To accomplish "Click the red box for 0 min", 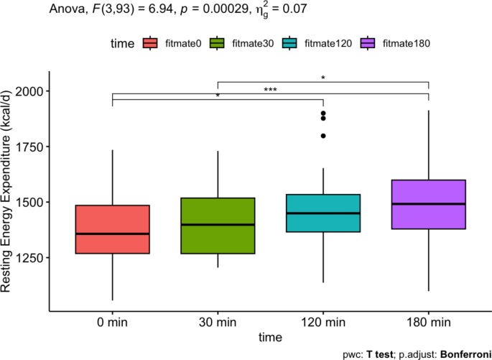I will click(x=112, y=229).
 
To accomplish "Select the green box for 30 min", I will click(x=218, y=226).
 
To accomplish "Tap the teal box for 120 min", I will click(x=322, y=213).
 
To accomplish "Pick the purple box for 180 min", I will click(x=428, y=204).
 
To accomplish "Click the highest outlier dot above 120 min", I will click(x=323, y=114).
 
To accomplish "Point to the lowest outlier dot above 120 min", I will click(x=323, y=136).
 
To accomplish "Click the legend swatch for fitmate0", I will click(x=151, y=44).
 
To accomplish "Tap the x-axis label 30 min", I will click(x=218, y=321).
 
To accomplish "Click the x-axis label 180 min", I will click(x=428, y=321).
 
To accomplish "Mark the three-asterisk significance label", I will click(x=270, y=90).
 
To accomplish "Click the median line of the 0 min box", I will click(x=112, y=234).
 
